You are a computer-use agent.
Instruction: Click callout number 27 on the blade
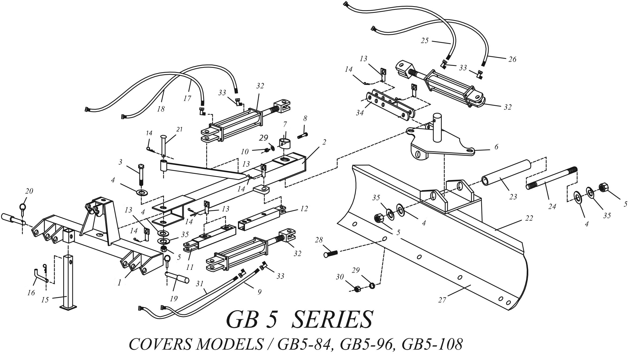(442, 300)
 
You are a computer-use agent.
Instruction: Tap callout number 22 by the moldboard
(529, 218)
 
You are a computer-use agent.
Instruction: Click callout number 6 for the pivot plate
(496, 147)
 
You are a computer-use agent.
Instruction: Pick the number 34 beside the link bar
(360, 113)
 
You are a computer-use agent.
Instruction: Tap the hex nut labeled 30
(357, 289)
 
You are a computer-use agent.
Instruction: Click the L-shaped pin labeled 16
(39, 276)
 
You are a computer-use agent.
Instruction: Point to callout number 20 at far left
(29, 191)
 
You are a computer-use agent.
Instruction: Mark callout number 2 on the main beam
(324, 142)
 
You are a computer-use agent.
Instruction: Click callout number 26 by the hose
(512, 59)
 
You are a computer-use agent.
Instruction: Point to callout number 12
(304, 208)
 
